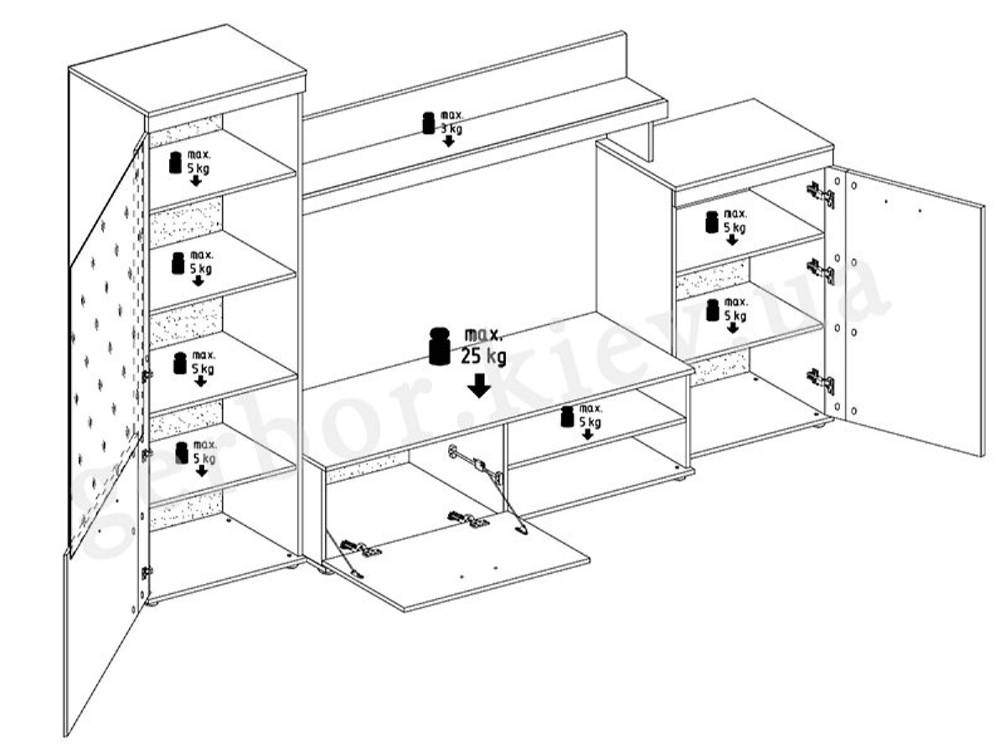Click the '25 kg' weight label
[x=483, y=356]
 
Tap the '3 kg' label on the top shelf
[x=451, y=129]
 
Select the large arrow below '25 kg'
[x=479, y=385]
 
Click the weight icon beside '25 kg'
[x=440, y=346]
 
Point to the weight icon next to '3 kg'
[x=429, y=122]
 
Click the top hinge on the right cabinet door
[x=822, y=194]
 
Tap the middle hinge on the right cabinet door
[x=822, y=271]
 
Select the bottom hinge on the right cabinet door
[x=821, y=381]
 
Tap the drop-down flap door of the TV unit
[x=457, y=560]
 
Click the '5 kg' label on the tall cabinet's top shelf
[x=198, y=168]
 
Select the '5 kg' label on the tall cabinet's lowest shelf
[x=204, y=458]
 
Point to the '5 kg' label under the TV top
[x=590, y=422]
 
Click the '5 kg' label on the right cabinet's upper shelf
[x=734, y=228]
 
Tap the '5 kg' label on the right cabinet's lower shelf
[x=734, y=316]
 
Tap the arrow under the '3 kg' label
[x=449, y=142]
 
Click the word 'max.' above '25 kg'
[x=483, y=336]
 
